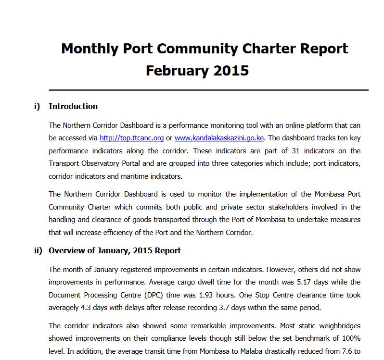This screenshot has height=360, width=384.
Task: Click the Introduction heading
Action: coord(73,107)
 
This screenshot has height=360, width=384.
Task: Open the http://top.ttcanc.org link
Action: coord(131,138)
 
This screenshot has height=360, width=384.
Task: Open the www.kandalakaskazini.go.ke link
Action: coord(219,138)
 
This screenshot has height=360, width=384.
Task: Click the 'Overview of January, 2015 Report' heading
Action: coord(115,251)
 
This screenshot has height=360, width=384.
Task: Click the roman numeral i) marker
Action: coord(37,107)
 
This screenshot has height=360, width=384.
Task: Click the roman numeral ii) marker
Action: coord(38,251)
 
